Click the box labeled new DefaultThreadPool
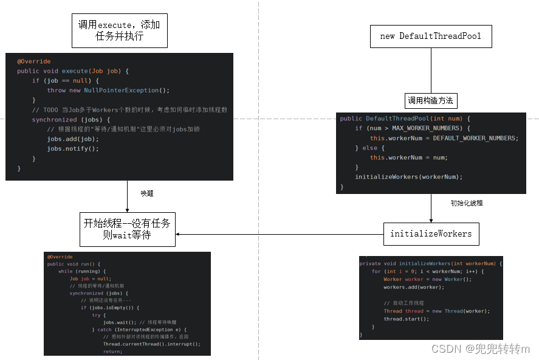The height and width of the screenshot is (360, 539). click(x=431, y=36)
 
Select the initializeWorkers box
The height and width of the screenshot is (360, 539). click(x=431, y=234)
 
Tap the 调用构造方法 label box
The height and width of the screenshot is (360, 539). click(x=431, y=101)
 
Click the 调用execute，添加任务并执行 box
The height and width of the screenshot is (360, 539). click(x=119, y=30)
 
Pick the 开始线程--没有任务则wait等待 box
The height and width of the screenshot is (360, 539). click(x=127, y=229)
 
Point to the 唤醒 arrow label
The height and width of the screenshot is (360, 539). click(x=147, y=193)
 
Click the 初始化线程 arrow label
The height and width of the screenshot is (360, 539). click(x=467, y=203)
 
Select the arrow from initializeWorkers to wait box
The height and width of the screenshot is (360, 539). click(x=280, y=234)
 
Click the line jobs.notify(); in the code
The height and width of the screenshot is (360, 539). click(x=72, y=148)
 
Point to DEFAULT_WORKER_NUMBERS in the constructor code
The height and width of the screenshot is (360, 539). click(x=475, y=138)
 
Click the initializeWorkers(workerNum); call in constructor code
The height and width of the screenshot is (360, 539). click(x=408, y=177)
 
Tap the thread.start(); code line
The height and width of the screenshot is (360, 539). click(x=406, y=319)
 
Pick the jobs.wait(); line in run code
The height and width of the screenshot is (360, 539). click(x=117, y=322)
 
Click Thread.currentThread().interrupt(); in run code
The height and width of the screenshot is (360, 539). click(x=151, y=344)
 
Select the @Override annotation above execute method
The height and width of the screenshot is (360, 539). click(x=33, y=61)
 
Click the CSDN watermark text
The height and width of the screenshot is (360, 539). click(x=480, y=349)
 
